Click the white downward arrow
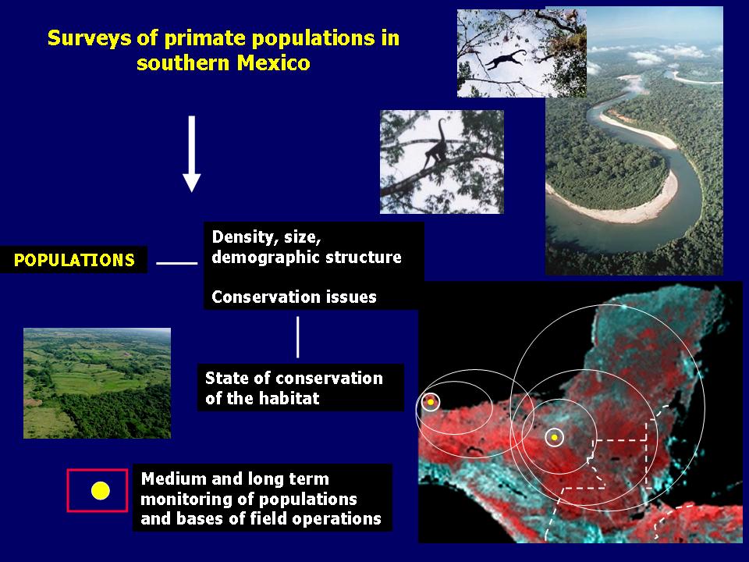point(192,154)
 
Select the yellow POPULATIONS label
point(74,260)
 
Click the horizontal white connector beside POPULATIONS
point(177,263)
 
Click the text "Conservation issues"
point(294,297)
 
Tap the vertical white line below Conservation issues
point(297,337)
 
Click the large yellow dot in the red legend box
point(101,491)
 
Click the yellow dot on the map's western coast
point(431,402)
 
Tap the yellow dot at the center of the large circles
point(554,437)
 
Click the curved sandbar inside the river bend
point(630,201)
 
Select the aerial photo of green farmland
point(97,383)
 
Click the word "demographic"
point(257,258)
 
